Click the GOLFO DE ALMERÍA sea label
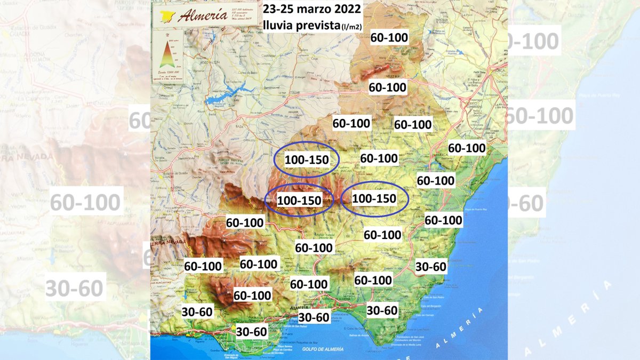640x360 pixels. pos(322,349)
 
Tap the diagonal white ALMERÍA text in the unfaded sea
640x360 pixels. pos(460,327)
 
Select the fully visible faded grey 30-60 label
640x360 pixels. pos(74,288)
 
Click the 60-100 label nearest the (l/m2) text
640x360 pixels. pos(389,38)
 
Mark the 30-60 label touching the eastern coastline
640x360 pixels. pos(430,267)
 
